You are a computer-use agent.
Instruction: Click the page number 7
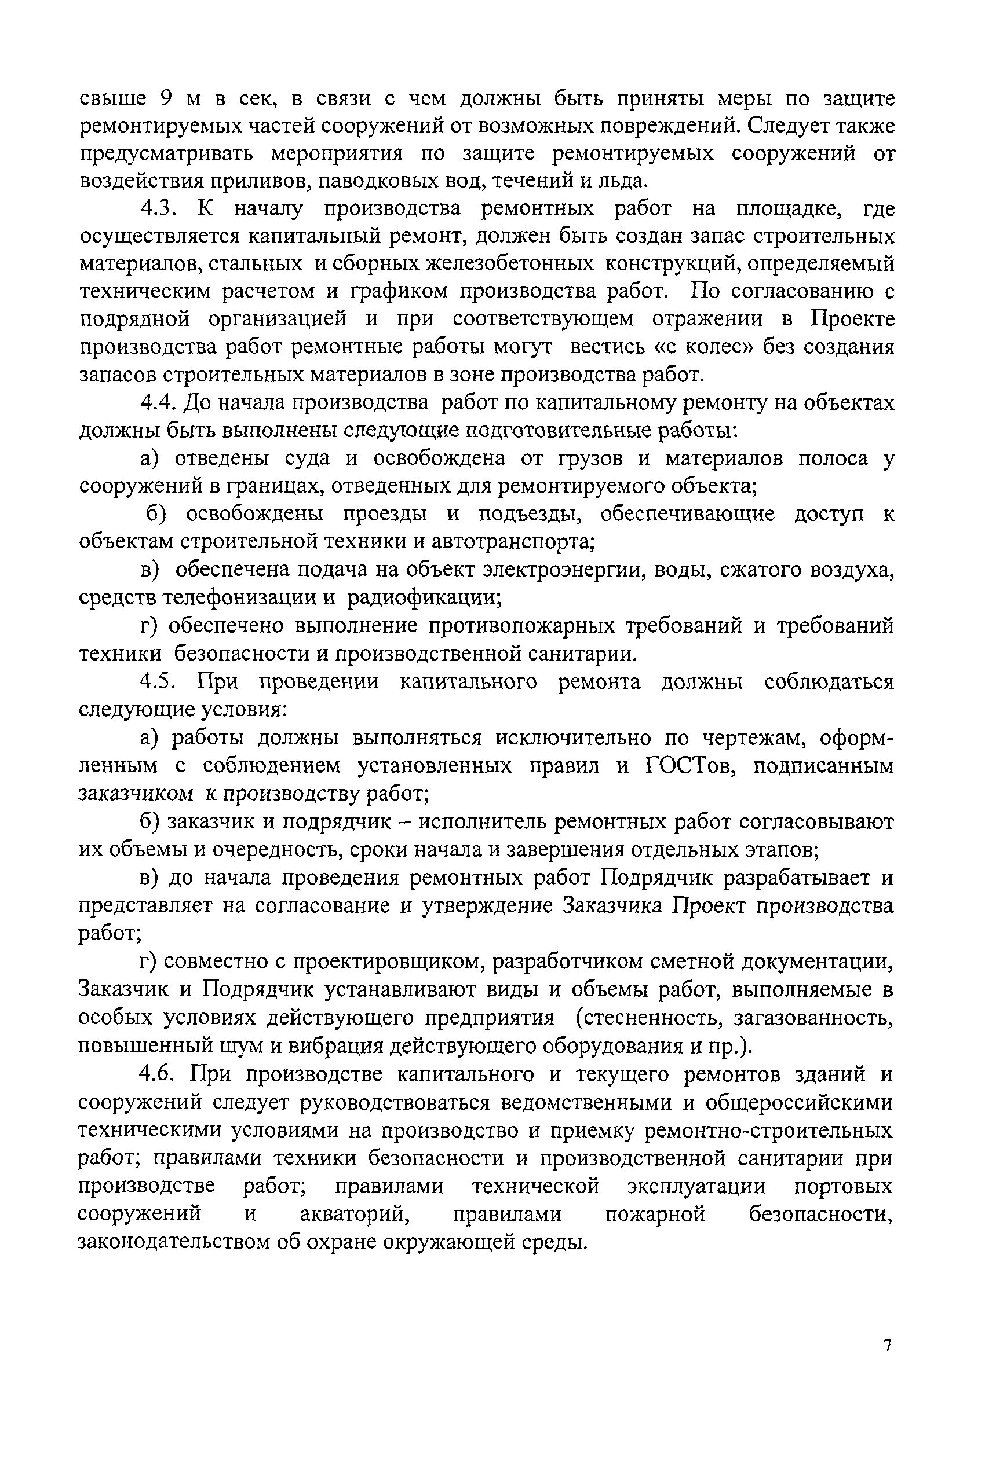[x=888, y=1345]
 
